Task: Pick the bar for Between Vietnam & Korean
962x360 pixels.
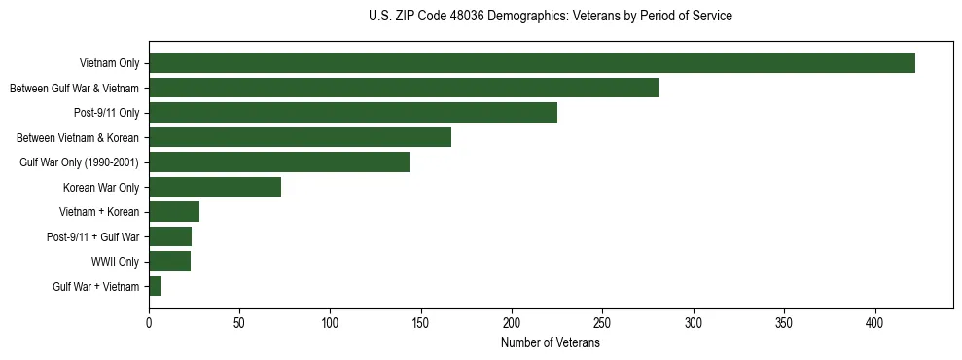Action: (300, 137)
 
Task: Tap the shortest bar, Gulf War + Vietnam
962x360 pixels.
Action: (155, 286)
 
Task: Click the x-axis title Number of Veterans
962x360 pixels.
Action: (550, 343)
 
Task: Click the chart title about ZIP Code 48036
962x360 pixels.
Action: (550, 17)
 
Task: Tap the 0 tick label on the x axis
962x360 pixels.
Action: (149, 322)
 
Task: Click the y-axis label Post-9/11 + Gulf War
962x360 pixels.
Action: (92, 237)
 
